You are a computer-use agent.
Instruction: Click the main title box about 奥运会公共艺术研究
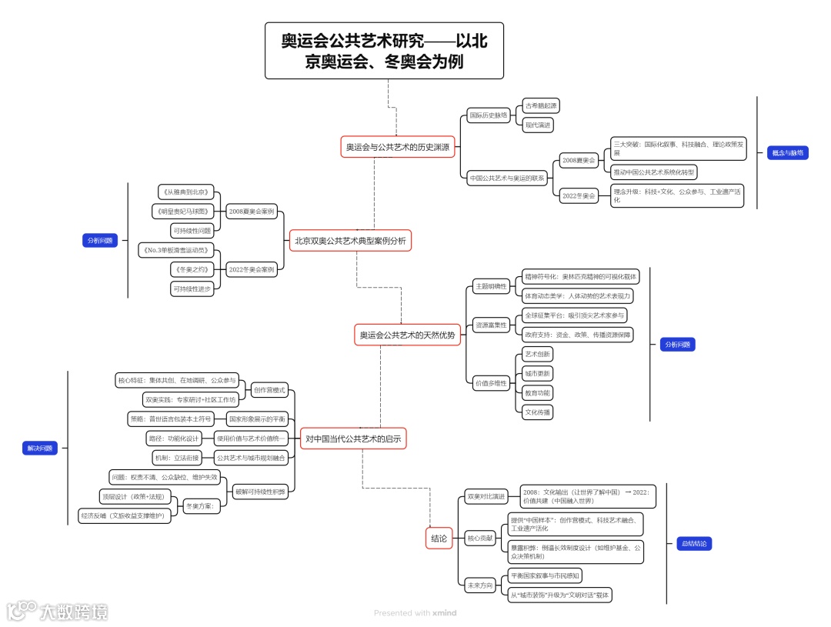tap(384, 51)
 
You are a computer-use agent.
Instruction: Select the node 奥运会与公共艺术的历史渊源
tap(399, 146)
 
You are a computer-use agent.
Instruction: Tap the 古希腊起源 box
tap(540, 105)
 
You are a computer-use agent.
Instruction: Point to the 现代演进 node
tap(538, 124)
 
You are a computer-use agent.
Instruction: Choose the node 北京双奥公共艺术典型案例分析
tap(350, 241)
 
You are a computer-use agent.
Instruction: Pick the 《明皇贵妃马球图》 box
tap(182, 211)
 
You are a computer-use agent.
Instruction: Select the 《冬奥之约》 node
tap(191, 269)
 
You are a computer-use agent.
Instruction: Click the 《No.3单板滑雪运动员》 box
tap(176, 250)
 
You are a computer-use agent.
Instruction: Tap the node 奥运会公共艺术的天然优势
tap(407, 335)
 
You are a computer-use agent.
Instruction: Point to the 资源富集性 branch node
tap(490, 325)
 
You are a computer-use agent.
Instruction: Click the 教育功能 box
tap(537, 392)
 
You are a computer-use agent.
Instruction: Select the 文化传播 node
tap(537, 412)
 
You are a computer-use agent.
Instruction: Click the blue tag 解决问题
tap(40, 449)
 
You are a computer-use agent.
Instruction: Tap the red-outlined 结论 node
tap(439, 539)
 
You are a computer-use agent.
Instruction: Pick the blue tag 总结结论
tap(693, 543)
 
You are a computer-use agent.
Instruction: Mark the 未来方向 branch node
tap(479, 585)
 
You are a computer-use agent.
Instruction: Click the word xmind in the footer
tap(445, 613)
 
